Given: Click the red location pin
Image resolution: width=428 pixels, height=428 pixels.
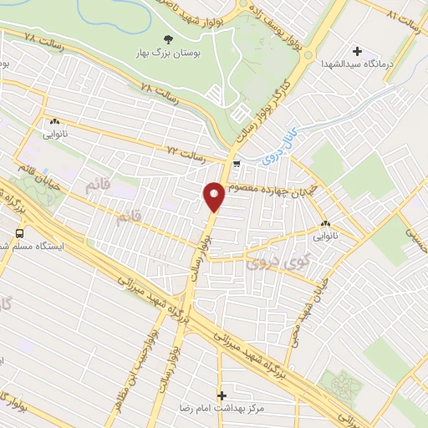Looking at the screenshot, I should pyautogui.click(x=214, y=196).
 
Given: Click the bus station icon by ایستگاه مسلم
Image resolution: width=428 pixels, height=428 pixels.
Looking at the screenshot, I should pyautogui.click(x=18, y=232).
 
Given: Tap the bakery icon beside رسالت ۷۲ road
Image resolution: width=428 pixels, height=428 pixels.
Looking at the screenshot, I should pyautogui.click(x=55, y=121).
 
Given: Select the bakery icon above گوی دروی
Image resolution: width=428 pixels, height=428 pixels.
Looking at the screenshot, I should pyautogui.click(x=325, y=223).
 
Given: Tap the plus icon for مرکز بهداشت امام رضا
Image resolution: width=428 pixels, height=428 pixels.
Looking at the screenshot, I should pyautogui.click(x=222, y=395).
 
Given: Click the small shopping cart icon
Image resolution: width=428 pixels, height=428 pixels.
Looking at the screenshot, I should pyautogui.click(x=237, y=164).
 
